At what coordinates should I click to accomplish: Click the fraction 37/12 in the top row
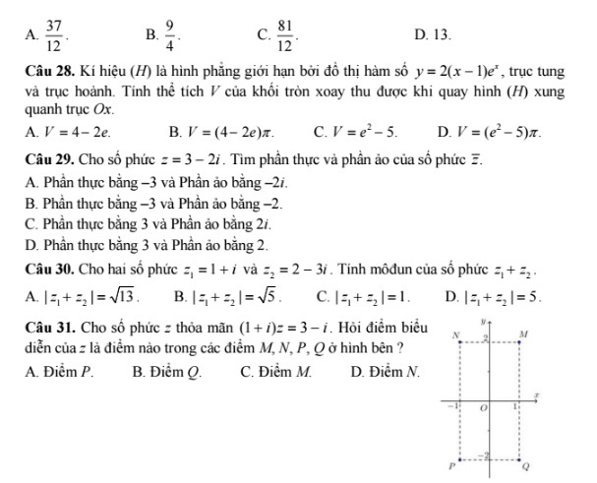(53, 35)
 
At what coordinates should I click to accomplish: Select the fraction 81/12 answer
(285, 35)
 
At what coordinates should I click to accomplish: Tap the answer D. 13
(433, 35)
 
